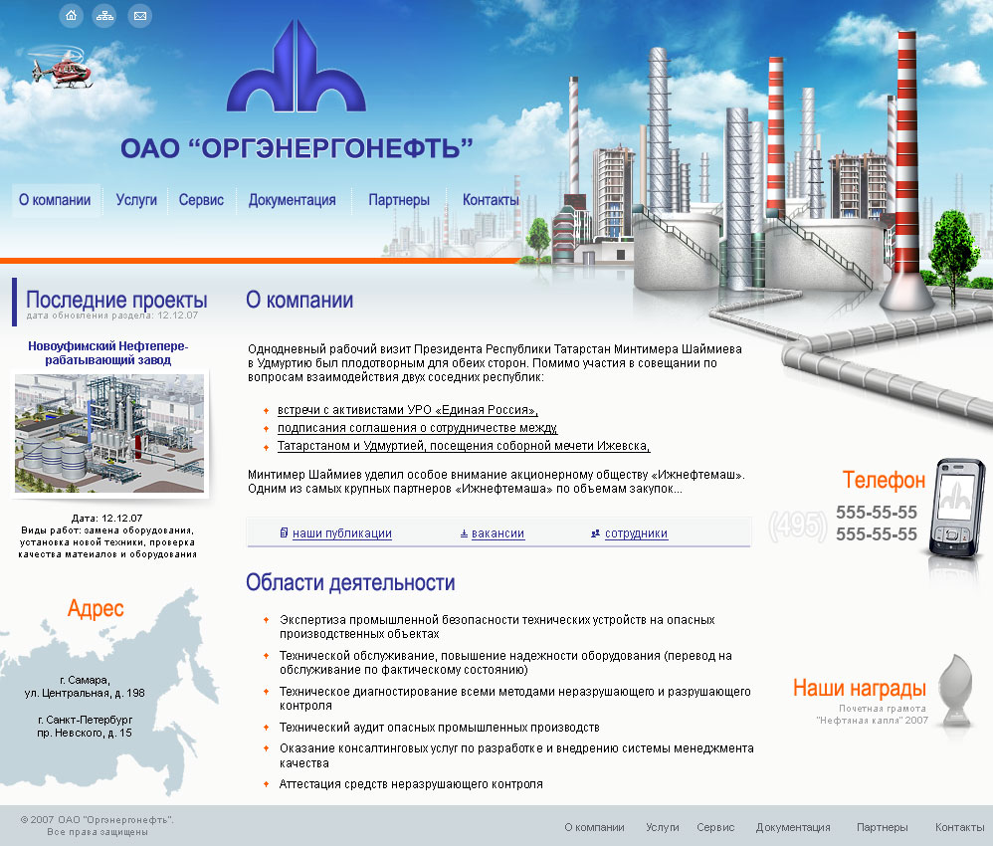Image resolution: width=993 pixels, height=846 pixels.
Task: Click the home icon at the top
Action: click(71, 15)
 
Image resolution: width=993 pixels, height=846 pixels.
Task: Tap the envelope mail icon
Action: click(140, 15)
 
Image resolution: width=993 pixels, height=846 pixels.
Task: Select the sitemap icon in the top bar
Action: click(104, 15)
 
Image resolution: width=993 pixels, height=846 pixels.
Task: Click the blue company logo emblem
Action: click(297, 67)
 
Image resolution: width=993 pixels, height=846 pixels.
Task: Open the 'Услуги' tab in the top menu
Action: click(136, 200)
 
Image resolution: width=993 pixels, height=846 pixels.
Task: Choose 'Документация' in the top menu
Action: click(292, 200)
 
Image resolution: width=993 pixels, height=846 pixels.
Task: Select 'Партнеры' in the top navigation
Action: click(399, 200)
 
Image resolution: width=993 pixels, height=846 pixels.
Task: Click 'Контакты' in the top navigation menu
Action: click(491, 200)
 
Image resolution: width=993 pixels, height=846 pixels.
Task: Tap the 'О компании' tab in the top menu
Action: click(55, 200)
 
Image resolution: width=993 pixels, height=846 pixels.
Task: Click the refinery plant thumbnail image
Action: click(110, 433)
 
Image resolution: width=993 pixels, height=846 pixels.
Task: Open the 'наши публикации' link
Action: click(341, 533)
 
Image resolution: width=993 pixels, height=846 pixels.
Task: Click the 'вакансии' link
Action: click(497, 533)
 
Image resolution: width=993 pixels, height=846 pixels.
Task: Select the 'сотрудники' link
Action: click(636, 533)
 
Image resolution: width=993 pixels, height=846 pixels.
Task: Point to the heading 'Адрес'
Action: click(96, 609)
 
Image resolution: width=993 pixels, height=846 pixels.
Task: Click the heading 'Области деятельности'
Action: click(350, 583)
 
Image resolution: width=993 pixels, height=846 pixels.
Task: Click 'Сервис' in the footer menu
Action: click(715, 827)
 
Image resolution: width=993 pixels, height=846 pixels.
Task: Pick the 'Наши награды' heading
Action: click(859, 688)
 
